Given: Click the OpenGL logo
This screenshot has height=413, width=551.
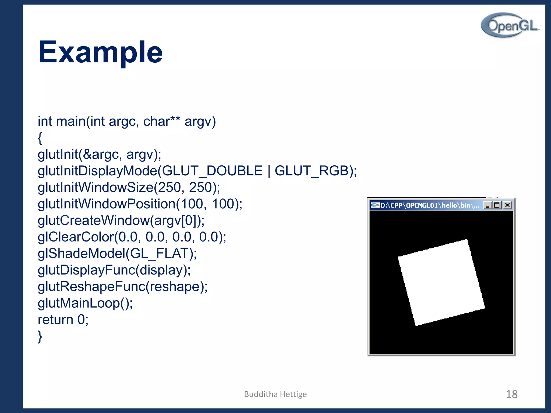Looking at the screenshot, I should pyautogui.click(x=510, y=25).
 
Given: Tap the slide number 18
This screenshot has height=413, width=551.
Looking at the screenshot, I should pyautogui.click(x=511, y=394).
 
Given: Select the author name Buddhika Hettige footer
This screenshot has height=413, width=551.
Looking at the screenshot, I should pyautogui.click(x=275, y=394).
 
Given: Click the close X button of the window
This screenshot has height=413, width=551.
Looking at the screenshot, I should pyautogui.click(x=507, y=205).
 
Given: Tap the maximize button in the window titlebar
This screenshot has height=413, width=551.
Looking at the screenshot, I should pyautogui.click(x=497, y=205).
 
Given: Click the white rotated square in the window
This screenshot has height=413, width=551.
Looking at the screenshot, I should pyautogui.click(x=441, y=282).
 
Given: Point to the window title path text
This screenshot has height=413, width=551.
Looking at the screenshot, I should pyautogui.click(x=430, y=205).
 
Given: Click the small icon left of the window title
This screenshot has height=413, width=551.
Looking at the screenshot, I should pyautogui.click(x=375, y=205).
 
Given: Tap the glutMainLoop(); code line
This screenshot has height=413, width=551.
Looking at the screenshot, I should pyautogui.click(x=85, y=303).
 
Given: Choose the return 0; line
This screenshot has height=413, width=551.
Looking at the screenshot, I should pyautogui.click(x=63, y=320).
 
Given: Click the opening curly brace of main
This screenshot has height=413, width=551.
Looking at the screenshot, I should pyautogui.click(x=40, y=138).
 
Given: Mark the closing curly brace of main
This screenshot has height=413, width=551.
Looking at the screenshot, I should pyautogui.click(x=40, y=336).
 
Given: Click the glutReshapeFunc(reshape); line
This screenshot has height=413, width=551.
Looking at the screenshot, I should pyautogui.click(x=122, y=287).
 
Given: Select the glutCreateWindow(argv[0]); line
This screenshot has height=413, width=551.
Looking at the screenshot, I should pyautogui.click(x=121, y=220).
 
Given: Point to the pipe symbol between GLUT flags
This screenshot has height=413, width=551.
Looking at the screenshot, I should pyautogui.click(x=269, y=171).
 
